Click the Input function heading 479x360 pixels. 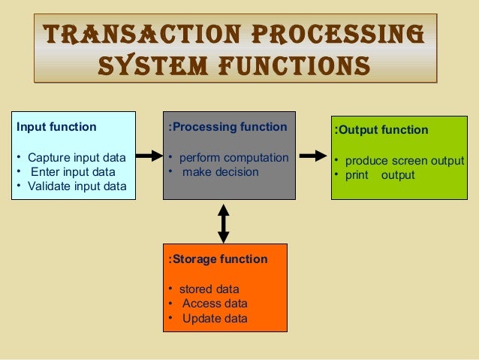coord(56,127)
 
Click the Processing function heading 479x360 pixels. coord(228,127)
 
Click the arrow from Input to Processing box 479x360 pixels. coord(150,156)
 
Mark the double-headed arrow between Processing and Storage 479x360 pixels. coord(223,222)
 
